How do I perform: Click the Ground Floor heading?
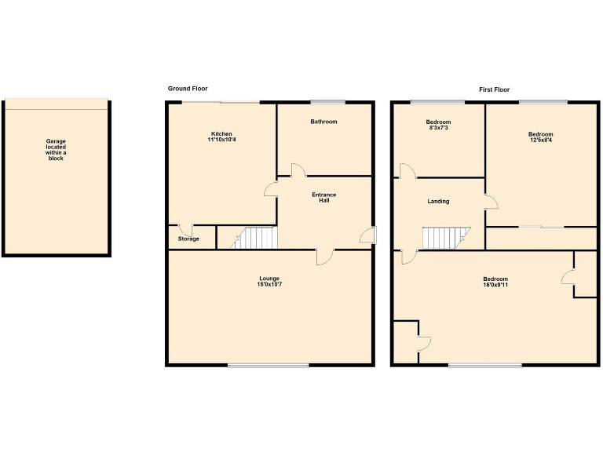pyautogui.click(x=188, y=89)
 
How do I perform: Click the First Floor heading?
pyautogui.click(x=495, y=89)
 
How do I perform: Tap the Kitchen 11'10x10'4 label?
pyautogui.click(x=222, y=137)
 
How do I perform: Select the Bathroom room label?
pyautogui.click(x=323, y=122)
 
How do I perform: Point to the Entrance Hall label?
pyautogui.click(x=324, y=197)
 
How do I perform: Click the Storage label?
pyautogui.click(x=188, y=239)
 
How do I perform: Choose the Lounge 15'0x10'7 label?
pyautogui.click(x=269, y=282)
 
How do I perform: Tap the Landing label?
pyautogui.click(x=438, y=202)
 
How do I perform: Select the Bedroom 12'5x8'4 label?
pyautogui.click(x=540, y=137)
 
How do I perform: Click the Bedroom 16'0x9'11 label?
pyautogui.click(x=495, y=282)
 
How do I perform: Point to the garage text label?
pyautogui.click(x=56, y=150)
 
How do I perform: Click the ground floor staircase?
pyautogui.click(x=255, y=238)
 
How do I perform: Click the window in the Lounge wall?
pyautogui.click(x=269, y=365)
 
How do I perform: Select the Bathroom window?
pyautogui.click(x=327, y=102)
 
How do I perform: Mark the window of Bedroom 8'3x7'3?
pyautogui.click(x=437, y=102)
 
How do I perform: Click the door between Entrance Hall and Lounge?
pyautogui.click(x=325, y=256)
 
